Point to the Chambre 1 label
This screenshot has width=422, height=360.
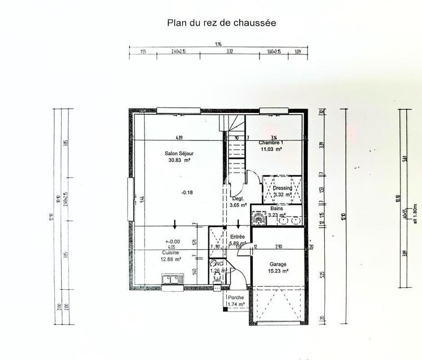point(271,143)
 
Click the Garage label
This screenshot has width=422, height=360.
point(277,264)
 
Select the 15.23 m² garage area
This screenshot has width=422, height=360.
point(277,271)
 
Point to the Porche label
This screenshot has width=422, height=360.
point(235,298)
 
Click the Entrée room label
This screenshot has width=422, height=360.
point(237,237)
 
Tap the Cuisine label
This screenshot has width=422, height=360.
point(171,253)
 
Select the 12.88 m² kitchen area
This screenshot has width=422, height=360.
point(171,259)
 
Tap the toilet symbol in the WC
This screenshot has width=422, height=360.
point(216,286)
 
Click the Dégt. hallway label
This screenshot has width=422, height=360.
point(238,198)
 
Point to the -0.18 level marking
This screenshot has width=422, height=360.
point(187,192)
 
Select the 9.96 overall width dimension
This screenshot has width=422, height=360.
point(218,46)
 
